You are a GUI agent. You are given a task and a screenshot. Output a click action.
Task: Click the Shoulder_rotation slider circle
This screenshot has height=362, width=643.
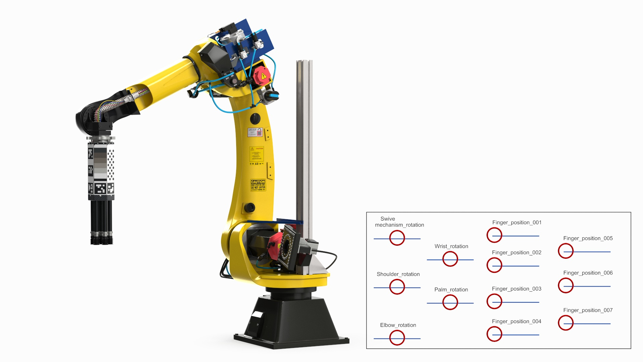tap(397, 287)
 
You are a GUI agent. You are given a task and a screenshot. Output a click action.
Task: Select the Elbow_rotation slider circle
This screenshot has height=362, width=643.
tap(397, 338)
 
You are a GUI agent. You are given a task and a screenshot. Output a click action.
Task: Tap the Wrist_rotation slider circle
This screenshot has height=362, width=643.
tap(450, 259)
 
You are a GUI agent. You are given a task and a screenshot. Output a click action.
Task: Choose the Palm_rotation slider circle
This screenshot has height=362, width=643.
tap(450, 302)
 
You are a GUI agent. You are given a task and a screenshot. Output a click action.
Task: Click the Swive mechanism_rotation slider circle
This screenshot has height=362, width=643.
tap(397, 238)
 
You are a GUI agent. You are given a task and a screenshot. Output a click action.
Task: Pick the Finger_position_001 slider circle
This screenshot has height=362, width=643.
tap(494, 235)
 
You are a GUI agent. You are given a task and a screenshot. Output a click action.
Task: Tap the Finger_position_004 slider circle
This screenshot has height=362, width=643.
tap(494, 334)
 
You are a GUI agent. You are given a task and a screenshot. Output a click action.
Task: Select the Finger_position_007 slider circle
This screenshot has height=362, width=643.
tap(566, 323)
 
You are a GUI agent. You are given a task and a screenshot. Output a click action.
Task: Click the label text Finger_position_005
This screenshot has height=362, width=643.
tap(588, 238)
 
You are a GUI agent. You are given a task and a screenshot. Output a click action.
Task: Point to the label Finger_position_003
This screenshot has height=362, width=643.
tap(516, 289)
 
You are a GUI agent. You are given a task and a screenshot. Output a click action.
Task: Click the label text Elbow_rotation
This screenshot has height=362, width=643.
tap(398, 325)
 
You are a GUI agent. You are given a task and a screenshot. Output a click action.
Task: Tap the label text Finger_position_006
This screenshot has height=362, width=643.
tap(588, 273)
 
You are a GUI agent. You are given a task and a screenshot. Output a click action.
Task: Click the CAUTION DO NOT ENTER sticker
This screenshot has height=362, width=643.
tap(258, 185)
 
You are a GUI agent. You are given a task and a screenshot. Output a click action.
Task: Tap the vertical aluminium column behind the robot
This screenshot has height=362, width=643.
tap(304, 141)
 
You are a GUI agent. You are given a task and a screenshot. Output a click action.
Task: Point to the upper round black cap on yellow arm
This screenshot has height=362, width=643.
tap(255, 118)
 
